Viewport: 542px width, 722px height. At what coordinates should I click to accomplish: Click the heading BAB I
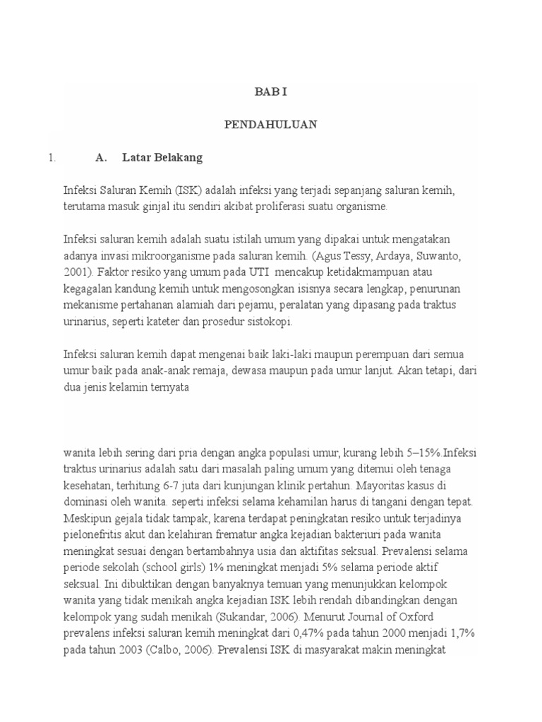[x=271, y=92]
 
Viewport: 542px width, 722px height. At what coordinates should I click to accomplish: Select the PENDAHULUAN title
[x=271, y=125]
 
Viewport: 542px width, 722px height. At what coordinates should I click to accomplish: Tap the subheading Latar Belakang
[x=162, y=158]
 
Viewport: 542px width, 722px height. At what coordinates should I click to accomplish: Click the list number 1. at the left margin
[x=52, y=158]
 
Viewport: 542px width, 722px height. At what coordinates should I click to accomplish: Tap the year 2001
[x=76, y=271]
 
